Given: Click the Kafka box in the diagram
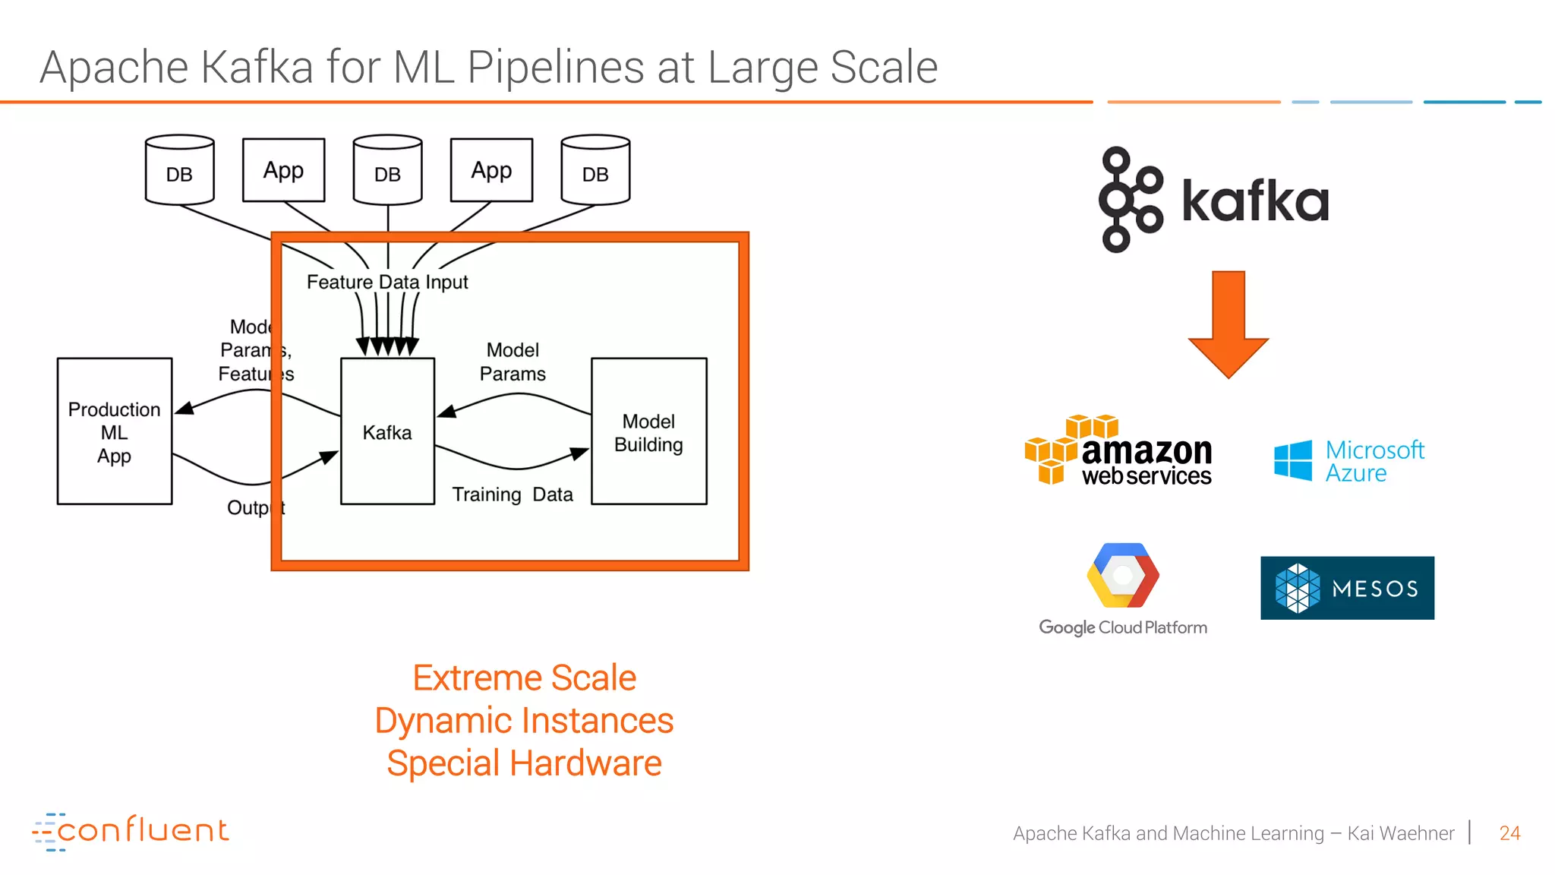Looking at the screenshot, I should [x=387, y=431].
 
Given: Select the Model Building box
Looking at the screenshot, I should [x=648, y=431].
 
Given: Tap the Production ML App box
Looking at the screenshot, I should [x=115, y=431].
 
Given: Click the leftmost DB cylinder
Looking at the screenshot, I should [x=179, y=171].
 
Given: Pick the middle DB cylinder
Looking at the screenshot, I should [x=387, y=171].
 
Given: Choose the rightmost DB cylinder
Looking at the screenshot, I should [x=595, y=171].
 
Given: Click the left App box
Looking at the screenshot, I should [x=283, y=170].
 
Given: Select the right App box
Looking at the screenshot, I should [x=491, y=170].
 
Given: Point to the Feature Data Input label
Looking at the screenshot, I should [x=387, y=282].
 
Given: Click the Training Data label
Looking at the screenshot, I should [x=513, y=494].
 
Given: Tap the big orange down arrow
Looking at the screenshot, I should [x=1228, y=323].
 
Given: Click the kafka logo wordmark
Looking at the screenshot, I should [x=1255, y=201].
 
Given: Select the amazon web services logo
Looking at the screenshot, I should [x=1118, y=451].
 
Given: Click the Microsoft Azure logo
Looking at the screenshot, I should [x=1349, y=461].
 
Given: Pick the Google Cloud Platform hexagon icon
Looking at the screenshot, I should [x=1122, y=575].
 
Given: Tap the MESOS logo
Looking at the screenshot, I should [x=1347, y=588].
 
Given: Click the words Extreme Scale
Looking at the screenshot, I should [x=524, y=678].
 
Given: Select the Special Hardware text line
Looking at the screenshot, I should [x=524, y=763].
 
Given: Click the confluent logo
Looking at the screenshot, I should [x=131, y=831].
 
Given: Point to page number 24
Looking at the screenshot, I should [x=1509, y=833].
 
